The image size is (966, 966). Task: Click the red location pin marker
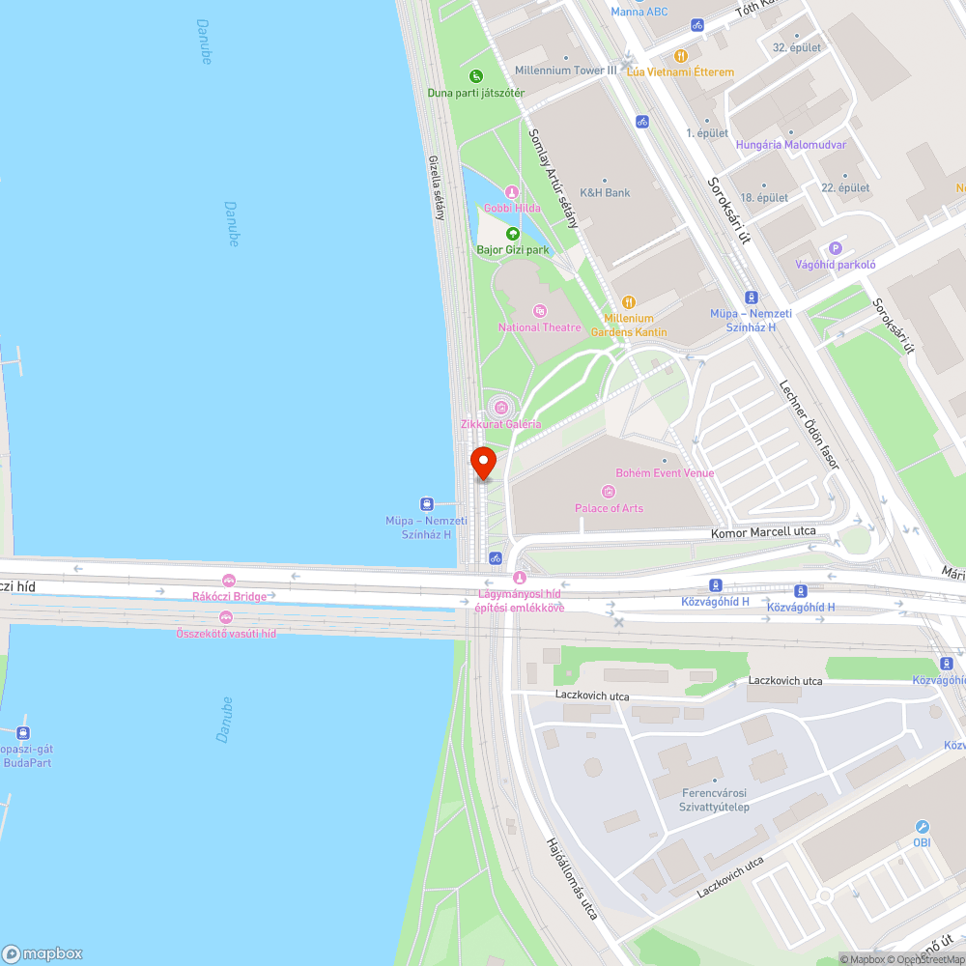pos(482,463)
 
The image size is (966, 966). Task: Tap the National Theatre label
pos(540,327)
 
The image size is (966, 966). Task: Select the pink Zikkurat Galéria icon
pos(499,407)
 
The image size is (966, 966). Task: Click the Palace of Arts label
pos(609,508)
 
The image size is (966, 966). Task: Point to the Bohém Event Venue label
pos(665,473)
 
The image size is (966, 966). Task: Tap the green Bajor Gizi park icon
pos(512,233)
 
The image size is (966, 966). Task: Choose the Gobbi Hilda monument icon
pos(512,192)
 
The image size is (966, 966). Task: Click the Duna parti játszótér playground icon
pos(475,76)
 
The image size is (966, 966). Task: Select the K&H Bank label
pos(605,192)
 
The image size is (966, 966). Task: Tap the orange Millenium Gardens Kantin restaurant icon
pos(629,301)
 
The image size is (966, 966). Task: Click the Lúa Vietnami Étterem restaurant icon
pos(681,56)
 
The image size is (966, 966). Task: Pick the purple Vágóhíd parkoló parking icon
pos(836,248)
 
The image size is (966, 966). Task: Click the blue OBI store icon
pos(922,827)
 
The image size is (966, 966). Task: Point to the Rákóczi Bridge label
pos(229,596)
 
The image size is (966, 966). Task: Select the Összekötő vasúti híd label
pos(226,633)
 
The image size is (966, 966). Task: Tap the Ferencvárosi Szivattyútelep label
pos(715,800)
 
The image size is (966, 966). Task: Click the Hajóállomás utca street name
pos(573,877)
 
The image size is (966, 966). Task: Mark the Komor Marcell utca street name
pos(763,532)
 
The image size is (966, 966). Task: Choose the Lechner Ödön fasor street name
pos(809,425)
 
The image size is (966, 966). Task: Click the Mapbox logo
pos(43,953)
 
